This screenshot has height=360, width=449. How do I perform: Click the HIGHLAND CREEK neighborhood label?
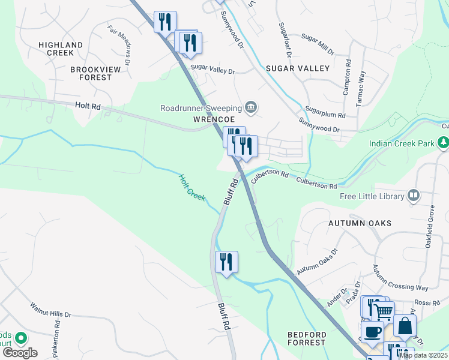pos(60,49)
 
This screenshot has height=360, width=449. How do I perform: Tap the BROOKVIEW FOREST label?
pos(91,73)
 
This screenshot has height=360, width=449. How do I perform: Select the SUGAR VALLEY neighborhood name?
pos(302,68)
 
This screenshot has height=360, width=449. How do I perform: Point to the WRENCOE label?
pos(208,119)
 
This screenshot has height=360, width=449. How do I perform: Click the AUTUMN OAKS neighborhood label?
pos(359,223)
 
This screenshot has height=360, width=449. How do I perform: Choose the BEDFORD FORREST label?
pos(306,338)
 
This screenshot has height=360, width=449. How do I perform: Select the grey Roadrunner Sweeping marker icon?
pos(252,108)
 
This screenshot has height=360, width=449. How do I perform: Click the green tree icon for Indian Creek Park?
pos(443,143)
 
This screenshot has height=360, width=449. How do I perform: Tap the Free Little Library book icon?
pos(413,195)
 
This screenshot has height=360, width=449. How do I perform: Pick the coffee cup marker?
pos(372,331)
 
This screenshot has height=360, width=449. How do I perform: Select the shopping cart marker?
pos(383,311)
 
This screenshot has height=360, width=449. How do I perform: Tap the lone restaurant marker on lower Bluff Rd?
pos(226,262)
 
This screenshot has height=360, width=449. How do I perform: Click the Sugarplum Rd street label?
pos(325,113)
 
